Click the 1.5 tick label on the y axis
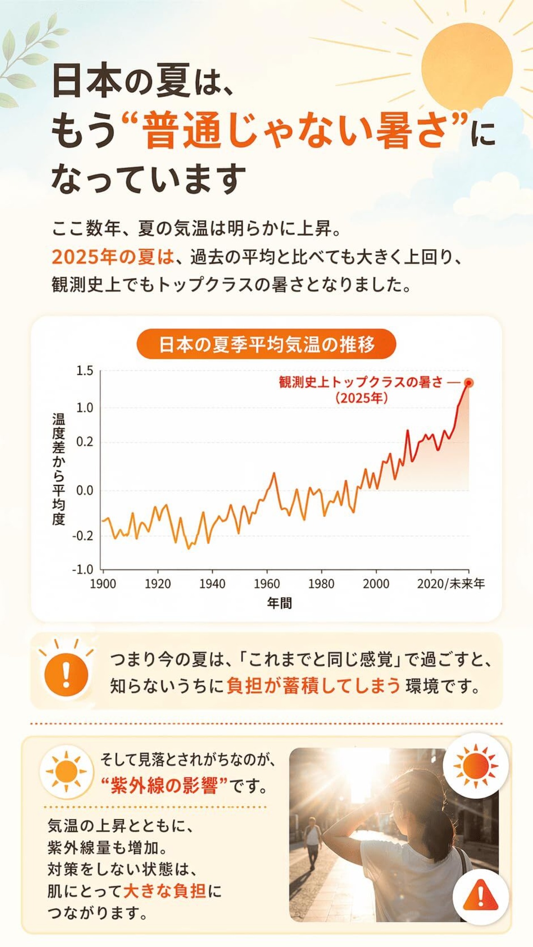click(x=85, y=371)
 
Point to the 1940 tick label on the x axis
click(x=212, y=584)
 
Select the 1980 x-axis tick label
click(x=321, y=584)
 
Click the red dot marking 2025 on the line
click(x=469, y=383)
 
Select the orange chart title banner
click(x=266, y=344)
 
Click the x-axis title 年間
click(x=279, y=603)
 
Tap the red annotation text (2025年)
click(x=361, y=398)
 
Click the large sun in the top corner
click(x=467, y=67)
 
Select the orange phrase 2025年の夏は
click(x=112, y=257)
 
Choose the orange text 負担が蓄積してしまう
click(x=313, y=685)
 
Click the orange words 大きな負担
click(x=165, y=891)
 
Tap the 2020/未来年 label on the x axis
click(x=451, y=584)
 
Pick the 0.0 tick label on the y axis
click(x=85, y=491)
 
